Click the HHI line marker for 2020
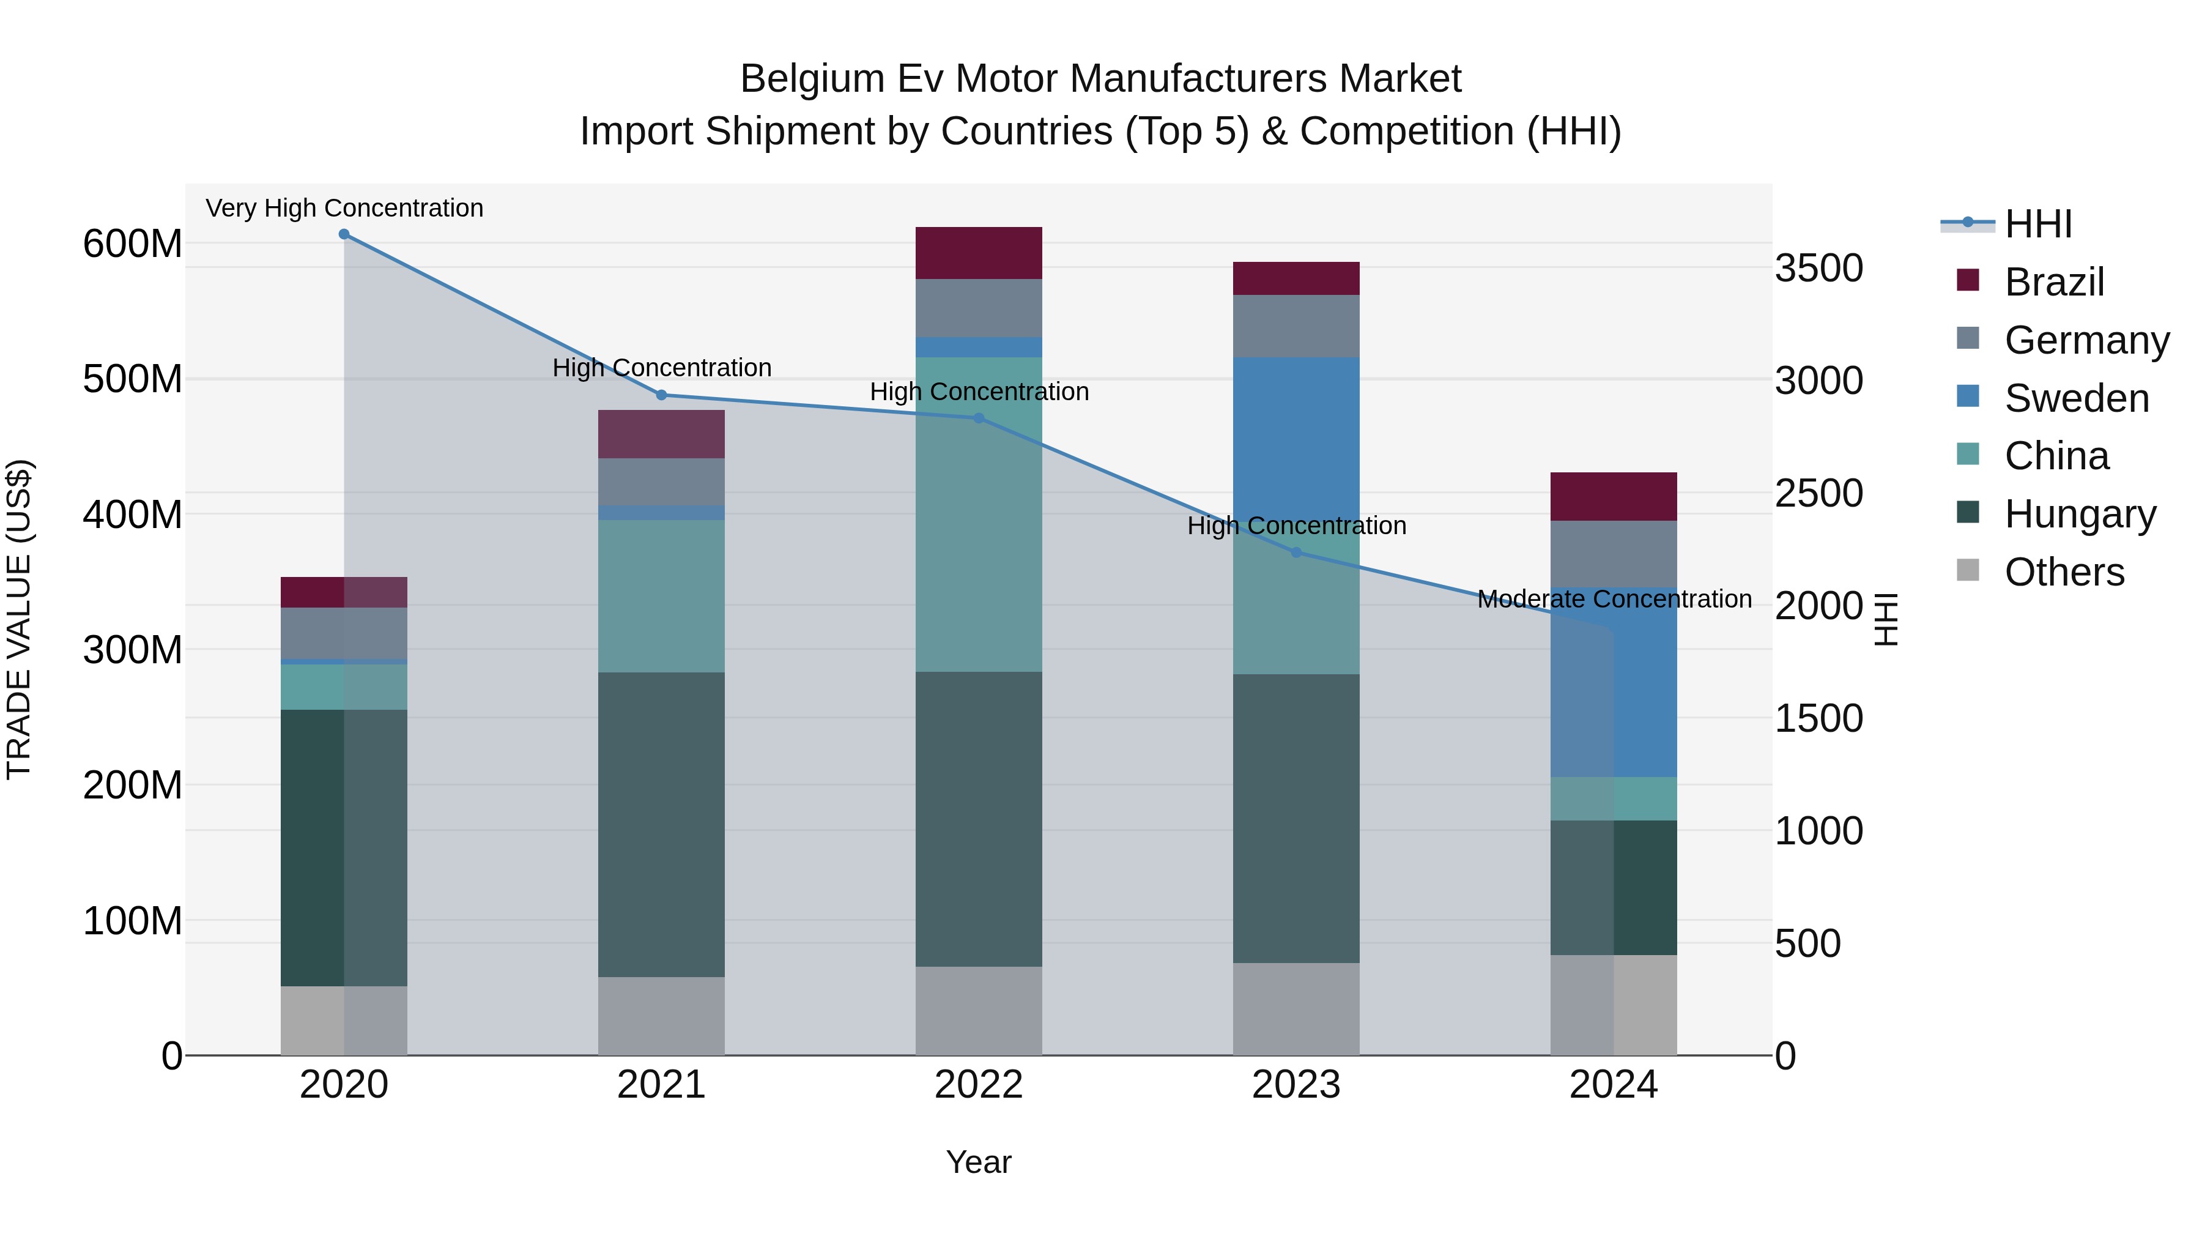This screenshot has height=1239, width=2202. click(344, 234)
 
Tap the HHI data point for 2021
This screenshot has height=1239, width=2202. click(661, 395)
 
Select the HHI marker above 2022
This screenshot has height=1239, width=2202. click(979, 418)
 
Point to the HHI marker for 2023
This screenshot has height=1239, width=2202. click(1296, 553)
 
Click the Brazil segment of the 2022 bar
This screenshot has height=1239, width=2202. click(979, 253)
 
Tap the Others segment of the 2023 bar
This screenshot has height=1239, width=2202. click(1296, 1009)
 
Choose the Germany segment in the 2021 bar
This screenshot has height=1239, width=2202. click(661, 482)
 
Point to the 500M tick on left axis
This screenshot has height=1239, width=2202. click(133, 379)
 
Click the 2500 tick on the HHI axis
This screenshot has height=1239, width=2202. click(1818, 493)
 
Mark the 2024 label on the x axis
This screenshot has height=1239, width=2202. click(1613, 1085)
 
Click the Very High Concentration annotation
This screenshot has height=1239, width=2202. click(344, 208)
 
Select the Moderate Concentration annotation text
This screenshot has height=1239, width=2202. click(1614, 598)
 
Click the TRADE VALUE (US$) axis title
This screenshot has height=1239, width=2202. click(19, 619)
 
